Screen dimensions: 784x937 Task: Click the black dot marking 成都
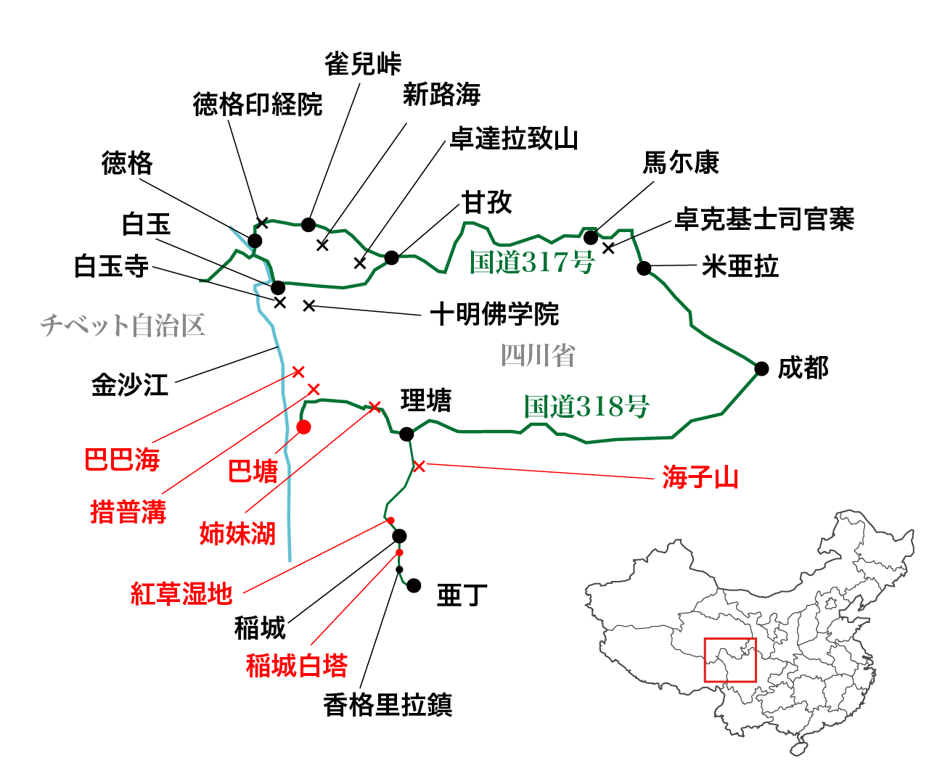pos(761,368)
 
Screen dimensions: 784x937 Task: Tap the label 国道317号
pos(532,262)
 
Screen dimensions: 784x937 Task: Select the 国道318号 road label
pos(586,406)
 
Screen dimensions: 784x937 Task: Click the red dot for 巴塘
pos(303,427)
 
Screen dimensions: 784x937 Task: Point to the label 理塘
pos(426,400)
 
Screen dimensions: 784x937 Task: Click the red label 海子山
pos(700,478)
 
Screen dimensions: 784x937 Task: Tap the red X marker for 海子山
pos(419,466)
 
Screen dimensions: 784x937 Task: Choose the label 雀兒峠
pos(363,64)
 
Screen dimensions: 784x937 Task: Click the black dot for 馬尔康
pos(591,237)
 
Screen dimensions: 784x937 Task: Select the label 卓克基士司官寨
pos(764,219)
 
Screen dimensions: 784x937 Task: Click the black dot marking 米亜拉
pos(644,268)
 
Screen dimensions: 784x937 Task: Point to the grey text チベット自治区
pos(123,326)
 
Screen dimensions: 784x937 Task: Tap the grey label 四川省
pos(538,355)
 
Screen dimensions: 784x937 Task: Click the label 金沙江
pos(130,384)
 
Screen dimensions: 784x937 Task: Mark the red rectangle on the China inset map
pos(730,660)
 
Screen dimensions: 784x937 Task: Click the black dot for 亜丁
pos(414,585)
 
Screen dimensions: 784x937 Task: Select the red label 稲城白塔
pos(297,665)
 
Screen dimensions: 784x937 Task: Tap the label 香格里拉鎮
pos(388,705)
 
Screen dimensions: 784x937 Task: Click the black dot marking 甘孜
pos(392,257)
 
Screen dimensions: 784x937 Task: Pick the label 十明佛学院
pos(495,315)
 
